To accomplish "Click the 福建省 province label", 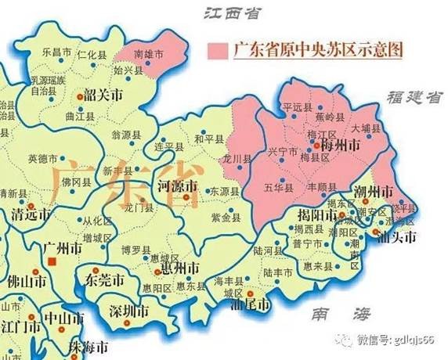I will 414,97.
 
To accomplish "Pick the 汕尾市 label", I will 252,304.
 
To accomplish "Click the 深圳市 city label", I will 129,311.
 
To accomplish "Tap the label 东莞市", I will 104,279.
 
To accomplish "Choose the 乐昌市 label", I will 55,52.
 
